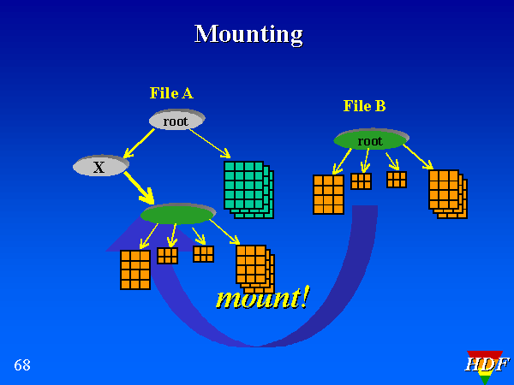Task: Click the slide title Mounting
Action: pos(248,34)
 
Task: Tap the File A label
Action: pos(171,93)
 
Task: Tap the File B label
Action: pos(364,106)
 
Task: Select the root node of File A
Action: pos(176,121)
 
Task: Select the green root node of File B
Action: pos(371,139)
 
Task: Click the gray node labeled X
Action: pos(100,166)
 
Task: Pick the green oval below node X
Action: pos(178,213)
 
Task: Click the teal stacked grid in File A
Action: pos(247,187)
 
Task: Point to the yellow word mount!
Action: pos(262,298)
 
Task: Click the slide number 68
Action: pos(22,365)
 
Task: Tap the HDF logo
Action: pos(486,365)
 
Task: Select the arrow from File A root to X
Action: pos(140,143)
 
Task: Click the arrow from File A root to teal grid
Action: pos(209,143)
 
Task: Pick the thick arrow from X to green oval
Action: pos(138,187)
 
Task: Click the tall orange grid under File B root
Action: pos(328,194)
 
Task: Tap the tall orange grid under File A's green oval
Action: pos(134,269)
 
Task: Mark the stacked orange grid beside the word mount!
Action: pos(254,267)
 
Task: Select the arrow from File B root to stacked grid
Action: pos(417,156)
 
